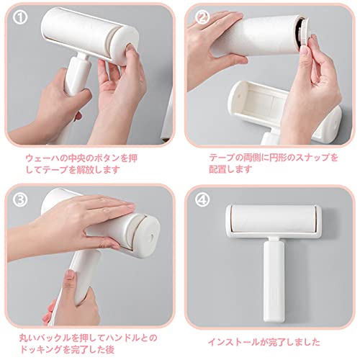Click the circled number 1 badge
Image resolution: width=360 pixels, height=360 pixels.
point(20,17)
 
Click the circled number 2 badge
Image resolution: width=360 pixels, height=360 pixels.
point(202,17)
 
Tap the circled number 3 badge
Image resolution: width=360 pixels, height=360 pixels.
point(20,199)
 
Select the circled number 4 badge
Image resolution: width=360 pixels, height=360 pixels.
point(202,199)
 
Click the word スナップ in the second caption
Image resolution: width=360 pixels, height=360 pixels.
point(312,158)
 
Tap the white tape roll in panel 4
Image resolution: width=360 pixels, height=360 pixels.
point(274,219)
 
